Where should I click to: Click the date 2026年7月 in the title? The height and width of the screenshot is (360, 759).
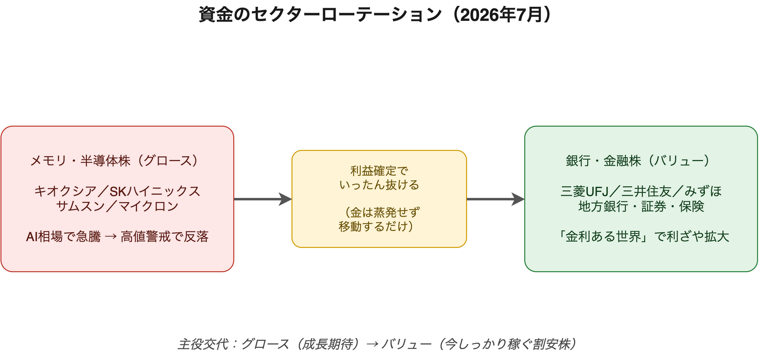[502, 15]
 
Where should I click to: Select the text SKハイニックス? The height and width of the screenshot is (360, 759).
[155, 192]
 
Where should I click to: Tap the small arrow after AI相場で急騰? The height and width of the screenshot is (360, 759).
[111, 237]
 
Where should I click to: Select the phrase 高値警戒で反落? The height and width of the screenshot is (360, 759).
[165, 237]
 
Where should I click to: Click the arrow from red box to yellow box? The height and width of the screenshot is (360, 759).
[262, 199]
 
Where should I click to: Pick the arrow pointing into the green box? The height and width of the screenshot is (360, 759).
[495, 199]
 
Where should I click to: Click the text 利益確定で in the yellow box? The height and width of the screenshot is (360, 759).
[379, 171]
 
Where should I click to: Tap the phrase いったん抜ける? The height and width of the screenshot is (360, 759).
[379, 185]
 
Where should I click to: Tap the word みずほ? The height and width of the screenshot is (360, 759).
[703, 192]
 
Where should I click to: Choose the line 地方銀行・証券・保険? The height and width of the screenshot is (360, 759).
[641, 206]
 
